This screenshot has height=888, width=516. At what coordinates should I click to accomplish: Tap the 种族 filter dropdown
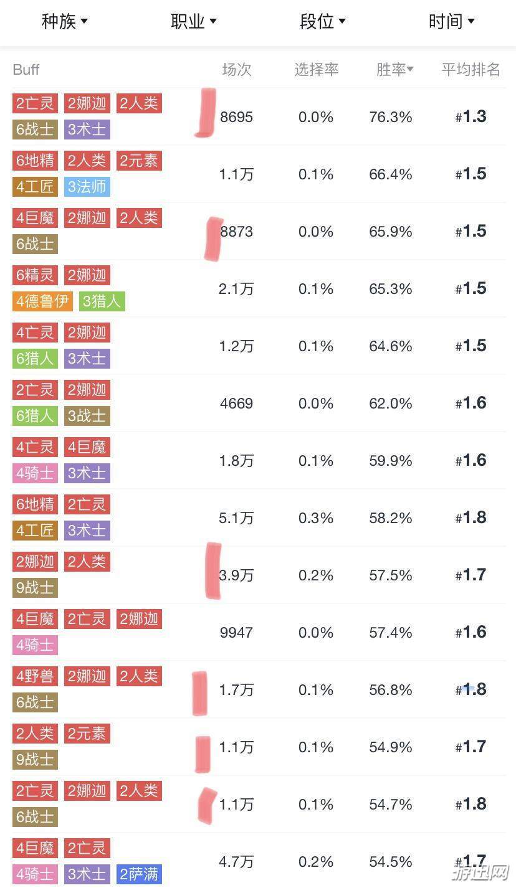point(65,22)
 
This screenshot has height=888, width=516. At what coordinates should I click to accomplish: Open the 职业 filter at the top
point(194,22)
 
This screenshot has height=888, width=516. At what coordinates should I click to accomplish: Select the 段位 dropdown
point(323,22)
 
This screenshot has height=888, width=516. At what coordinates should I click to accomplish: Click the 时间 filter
point(451,22)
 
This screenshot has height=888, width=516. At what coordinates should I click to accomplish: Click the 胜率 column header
point(395,70)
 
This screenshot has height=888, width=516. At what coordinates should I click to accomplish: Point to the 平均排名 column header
point(471,70)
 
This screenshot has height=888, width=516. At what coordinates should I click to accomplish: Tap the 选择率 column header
point(316,70)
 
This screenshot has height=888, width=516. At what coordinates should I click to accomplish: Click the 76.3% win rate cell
point(391,117)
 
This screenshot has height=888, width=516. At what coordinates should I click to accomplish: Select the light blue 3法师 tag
point(87,186)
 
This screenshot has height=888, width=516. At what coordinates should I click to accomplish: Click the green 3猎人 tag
point(102,301)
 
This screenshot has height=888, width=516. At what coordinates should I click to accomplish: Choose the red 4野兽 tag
point(36,676)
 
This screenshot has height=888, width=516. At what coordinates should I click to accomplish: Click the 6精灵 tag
point(36,275)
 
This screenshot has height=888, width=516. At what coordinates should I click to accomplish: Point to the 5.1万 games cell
point(236,518)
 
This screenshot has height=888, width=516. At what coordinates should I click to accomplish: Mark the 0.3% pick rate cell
point(316,518)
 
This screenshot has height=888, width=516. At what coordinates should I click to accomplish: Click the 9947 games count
point(236,633)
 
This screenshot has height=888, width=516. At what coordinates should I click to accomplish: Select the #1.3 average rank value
point(471,117)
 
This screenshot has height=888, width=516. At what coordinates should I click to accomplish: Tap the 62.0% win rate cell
point(391,404)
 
